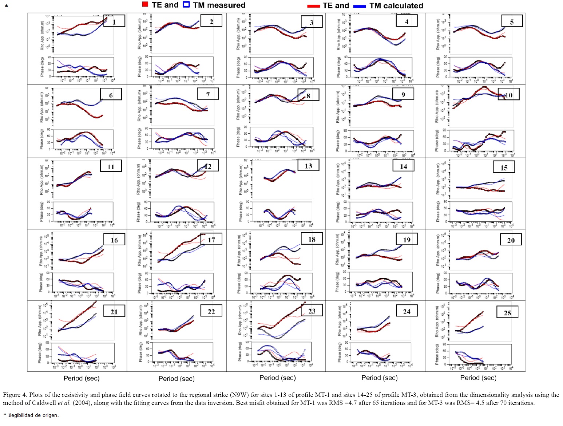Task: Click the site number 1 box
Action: point(114,21)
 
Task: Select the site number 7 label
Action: point(208,94)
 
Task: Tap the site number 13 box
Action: point(308,166)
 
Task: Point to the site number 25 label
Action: point(507,312)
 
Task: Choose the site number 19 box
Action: point(407,239)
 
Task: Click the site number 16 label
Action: point(114,240)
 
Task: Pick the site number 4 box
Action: point(407,21)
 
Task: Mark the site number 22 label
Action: point(211,311)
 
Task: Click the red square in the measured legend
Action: point(145,5)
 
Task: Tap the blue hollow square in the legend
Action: point(186,5)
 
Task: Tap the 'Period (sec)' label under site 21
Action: point(82,378)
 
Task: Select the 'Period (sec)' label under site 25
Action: point(478,378)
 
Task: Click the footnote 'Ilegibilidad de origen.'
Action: point(33,415)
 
